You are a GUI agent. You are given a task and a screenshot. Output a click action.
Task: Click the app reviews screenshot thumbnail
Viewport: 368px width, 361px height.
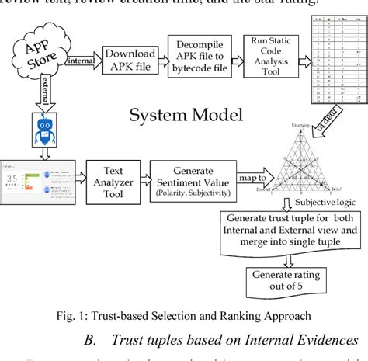click(x=36, y=180)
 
